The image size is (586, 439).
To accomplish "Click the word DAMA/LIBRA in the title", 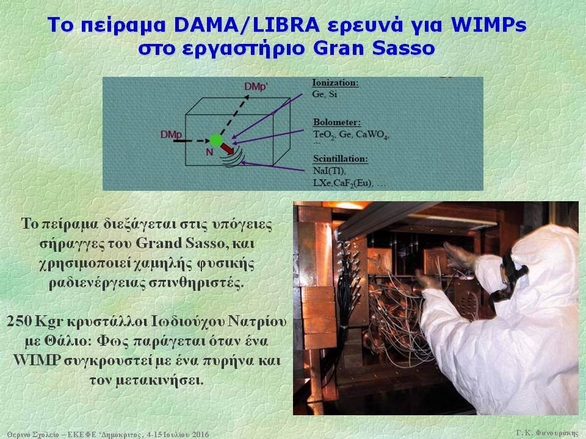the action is (247, 25).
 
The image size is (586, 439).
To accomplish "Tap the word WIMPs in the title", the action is (489, 25).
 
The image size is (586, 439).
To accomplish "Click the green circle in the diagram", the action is (216, 140).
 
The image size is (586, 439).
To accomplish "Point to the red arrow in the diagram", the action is (227, 149).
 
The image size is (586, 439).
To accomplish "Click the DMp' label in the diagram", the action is (256, 87).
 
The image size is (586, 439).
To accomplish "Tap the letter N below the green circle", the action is (209, 152).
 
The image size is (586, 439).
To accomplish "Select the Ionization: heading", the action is (335, 82).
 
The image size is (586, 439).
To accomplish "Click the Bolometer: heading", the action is (337, 122).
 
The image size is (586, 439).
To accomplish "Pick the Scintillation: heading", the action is (341, 159).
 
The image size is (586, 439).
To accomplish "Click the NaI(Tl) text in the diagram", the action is (329, 171).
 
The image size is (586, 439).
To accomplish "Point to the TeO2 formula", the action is (324, 135).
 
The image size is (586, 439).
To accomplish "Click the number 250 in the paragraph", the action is (19, 321).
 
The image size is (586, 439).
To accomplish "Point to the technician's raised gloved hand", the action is (460, 255).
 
